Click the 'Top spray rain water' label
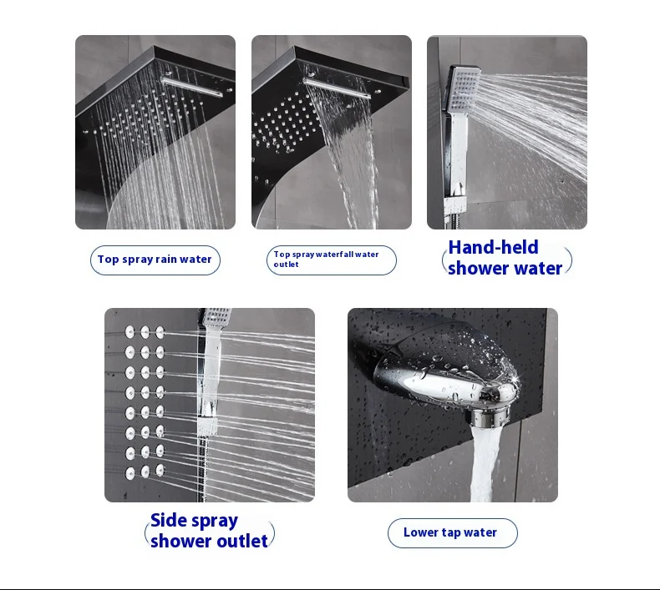pyautogui.click(x=155, y=260)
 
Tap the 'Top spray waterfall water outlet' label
pyautogui.click(x=332, y=260)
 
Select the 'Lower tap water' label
pyautogui.click(x=453, y=532)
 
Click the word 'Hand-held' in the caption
pyautogui.click(x=493, y=247)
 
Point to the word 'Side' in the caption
pyautogui.click(x=169, y=520)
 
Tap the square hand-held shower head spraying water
pyautogui.click(x=464, y=89)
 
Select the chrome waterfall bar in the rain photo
pyautogui.click(x=191, y=86)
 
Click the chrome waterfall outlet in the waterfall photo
pyautogui.click(x=337, y=88)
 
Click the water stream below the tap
pyautogui.click(x=485, y=462)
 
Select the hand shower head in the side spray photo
pyautogui.click(x=216, y=318)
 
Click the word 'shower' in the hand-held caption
pyautogui.click(x=478, y=269)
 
